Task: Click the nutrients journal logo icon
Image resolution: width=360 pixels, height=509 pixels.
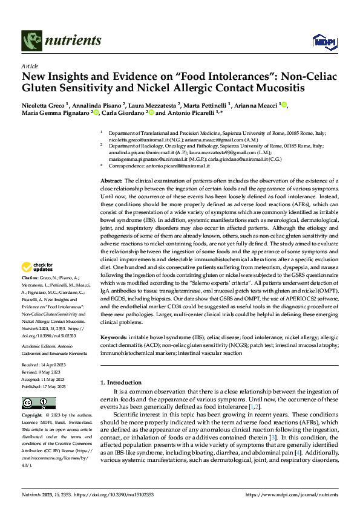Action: pyautogui.click(x=30, y=41)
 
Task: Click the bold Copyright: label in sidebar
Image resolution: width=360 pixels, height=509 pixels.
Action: pyautogui.click(x=33, y=416)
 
